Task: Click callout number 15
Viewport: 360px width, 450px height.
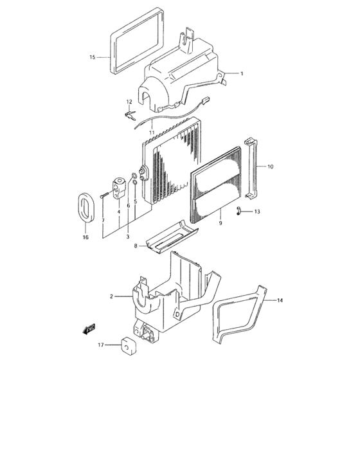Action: pyautogui.click(x=92, y=57)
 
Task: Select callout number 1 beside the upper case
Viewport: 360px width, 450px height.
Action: pyautogui.click(x=242, y=74)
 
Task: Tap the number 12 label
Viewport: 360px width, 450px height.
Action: pyautogui.click(x=129, y=102)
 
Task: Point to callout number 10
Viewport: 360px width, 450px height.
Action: pyautogui.click(x=270, y=166)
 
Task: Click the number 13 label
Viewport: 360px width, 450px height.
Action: pyautogui.click(x=257, y=212)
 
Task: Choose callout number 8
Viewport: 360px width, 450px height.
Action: pyautogui.click(x=136, y=246)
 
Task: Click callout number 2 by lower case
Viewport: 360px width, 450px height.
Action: pyautogui.click(x=111, y=296)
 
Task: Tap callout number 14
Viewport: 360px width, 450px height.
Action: pyautogui.click(x=280, y=300)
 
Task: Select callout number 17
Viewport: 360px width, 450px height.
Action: pyautogui.click(x=101, y=345)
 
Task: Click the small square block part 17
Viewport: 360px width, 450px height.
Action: pyautogui.click(x=126, y=346)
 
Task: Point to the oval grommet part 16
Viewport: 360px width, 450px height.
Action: pyautogui.click(x=85, y=210)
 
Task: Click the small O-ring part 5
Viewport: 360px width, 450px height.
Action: pyautogui.click(x=135, y=183)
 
